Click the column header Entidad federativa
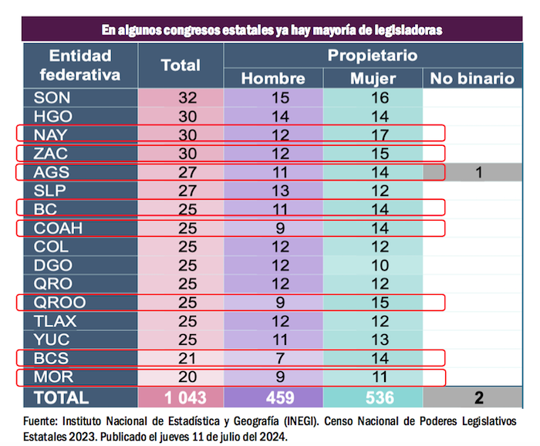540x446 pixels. point(80,66)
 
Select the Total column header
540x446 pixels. point(181,66)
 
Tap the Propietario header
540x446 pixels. point(372,56)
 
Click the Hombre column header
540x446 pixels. point(273,79)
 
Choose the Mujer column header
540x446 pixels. point(373,79)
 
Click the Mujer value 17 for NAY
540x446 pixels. point(373,134)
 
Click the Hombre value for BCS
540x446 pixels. point(273,358)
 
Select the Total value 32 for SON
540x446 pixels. point(188,97)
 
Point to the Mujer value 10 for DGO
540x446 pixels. point(373,265)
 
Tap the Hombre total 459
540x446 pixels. point(273,397)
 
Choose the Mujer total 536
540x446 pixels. point(373,397)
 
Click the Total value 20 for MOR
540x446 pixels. point(188,377)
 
